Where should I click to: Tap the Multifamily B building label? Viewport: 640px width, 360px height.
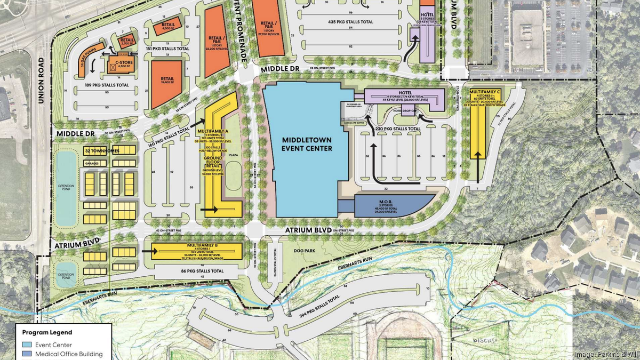click(x=197, y=245)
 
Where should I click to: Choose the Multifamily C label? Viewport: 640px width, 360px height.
click(x=485, y=92)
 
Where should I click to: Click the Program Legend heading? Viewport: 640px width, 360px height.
click(x=47, y=332)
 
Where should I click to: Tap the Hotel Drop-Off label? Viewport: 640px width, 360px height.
click(x=405, y=110)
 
